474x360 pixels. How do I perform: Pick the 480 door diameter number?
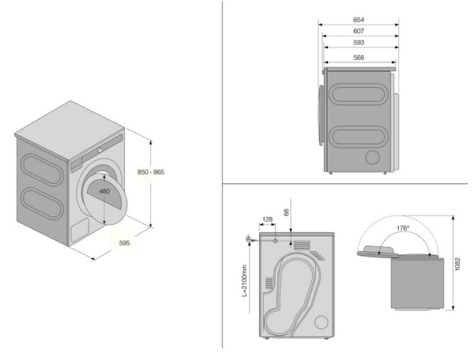(104, 191)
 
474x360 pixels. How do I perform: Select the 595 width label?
(124, 242)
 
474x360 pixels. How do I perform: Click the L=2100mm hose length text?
(246, 279)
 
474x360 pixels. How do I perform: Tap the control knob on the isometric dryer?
(100, 150)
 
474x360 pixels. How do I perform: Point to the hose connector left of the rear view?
(249, 237)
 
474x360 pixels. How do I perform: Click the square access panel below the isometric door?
(81, 228)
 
